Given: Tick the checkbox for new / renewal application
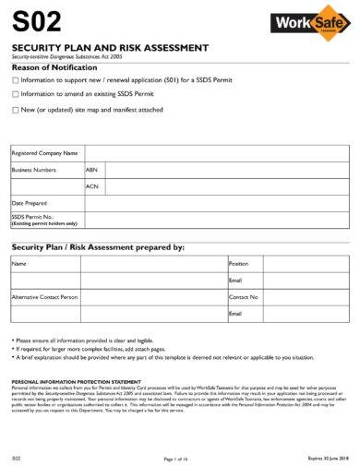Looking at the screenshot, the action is point(15,80).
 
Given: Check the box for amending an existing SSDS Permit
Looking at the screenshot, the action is point(15,93).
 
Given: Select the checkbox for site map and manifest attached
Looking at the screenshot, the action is point(15,110).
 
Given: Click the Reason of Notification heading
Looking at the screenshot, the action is point(54,68).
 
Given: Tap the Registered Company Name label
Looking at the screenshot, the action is point(43,153).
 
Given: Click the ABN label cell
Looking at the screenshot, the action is point(91,170).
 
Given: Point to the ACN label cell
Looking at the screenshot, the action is point(91,185).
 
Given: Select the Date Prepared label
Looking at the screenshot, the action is point(30,202).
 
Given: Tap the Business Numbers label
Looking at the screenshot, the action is point(34,170).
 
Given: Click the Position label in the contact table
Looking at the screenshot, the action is point(239,263).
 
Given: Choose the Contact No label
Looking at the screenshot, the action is point(243,297).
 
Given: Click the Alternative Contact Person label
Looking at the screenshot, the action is point(44,297).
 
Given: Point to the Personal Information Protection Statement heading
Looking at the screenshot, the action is point(75,380).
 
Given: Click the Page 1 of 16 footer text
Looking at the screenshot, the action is point(175,458).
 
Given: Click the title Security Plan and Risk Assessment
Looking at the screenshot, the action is point(109,47).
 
